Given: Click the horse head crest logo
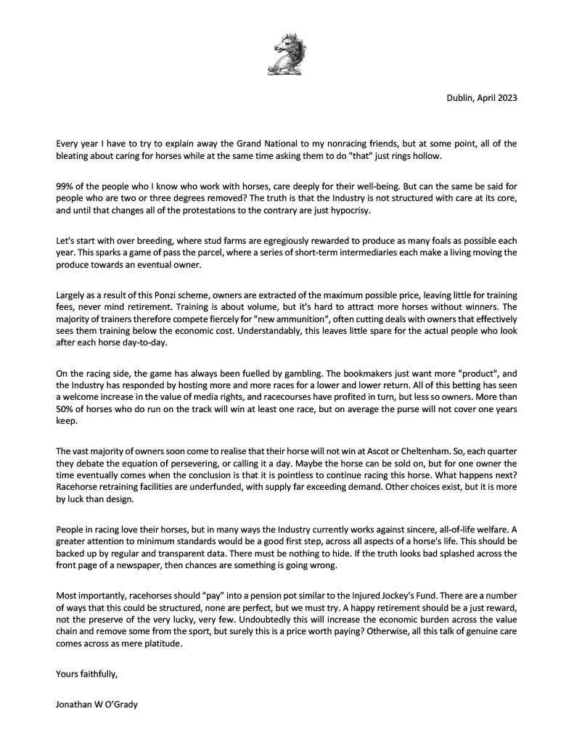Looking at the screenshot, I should (287, 53).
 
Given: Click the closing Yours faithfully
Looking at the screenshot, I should (86, 674).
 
